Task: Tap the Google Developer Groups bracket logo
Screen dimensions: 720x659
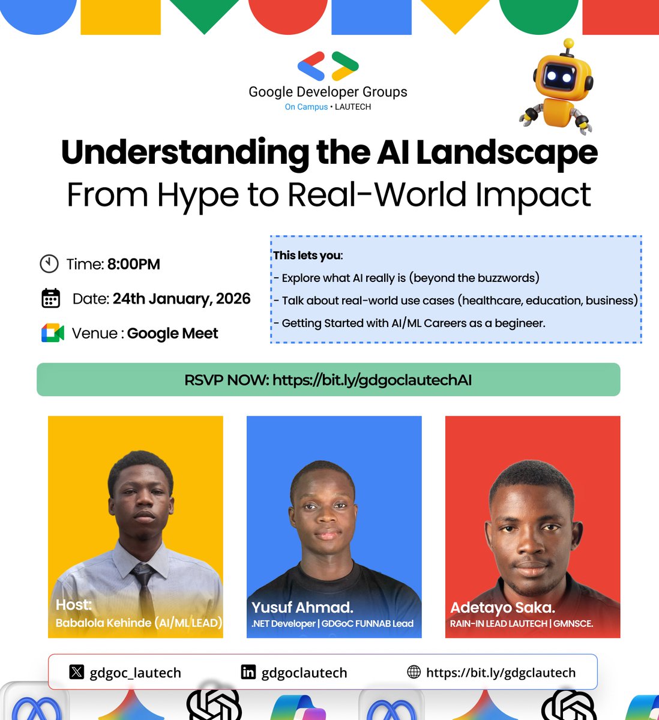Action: point(328,66)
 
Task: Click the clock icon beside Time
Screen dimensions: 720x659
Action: point(49,264)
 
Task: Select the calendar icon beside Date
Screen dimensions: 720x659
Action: point(51,298)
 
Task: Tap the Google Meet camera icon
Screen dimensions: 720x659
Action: point(53,333)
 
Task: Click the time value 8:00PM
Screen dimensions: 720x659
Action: point(134,264)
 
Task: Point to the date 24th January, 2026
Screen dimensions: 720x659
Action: point(181,298)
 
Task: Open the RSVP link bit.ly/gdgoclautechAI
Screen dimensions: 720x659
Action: point(372,380)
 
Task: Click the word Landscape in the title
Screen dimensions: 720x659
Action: point(507,153)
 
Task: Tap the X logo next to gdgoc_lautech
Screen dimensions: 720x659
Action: point(77,672)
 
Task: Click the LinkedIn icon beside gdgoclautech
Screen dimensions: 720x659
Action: point(248,672)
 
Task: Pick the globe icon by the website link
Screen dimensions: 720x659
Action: point(414,672)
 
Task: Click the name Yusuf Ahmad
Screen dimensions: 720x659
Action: point(302,607)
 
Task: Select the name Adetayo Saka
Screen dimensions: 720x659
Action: point(502,607)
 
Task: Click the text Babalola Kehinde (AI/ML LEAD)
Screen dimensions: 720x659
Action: point(139,623)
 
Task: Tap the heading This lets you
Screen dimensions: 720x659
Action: point(308,255)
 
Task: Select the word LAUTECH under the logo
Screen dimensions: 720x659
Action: point(353,107)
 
